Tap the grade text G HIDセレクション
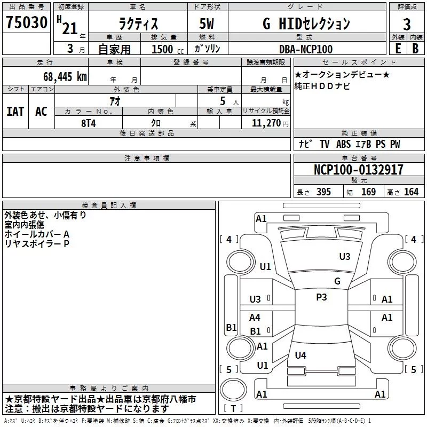[307, 23]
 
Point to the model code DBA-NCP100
[306, 49]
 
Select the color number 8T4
[89, 122]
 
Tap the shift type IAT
[15, 112]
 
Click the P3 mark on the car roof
[321, 297]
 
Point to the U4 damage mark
[301, 355]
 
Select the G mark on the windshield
[337, 281]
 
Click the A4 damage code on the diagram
[255, 318]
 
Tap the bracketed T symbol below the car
[233, 409]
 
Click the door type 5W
[208, 23]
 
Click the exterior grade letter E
[398, 49]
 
